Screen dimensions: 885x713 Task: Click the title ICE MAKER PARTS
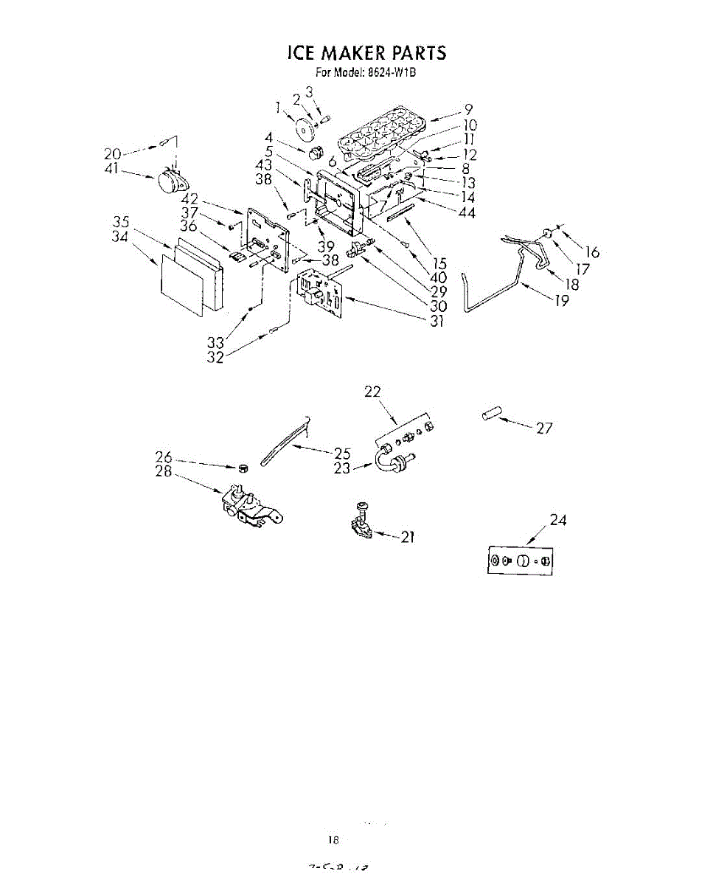[366, 53]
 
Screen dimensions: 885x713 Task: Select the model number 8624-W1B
[393, 72]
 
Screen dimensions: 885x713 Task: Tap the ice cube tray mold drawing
[383, 133]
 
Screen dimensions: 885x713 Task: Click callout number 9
[468, 111]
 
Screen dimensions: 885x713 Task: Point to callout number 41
[112, 169]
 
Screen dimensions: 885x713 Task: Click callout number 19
[562, 300]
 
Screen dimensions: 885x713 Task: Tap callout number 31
[437, 322]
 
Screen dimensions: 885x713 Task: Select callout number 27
[545, 428]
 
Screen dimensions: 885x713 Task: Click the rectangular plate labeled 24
[521, 562]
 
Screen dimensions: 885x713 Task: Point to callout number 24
[558, 520]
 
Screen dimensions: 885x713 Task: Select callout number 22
[372, 392]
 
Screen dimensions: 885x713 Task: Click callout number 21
[406, 538]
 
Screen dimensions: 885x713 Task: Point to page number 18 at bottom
[333, 839]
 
